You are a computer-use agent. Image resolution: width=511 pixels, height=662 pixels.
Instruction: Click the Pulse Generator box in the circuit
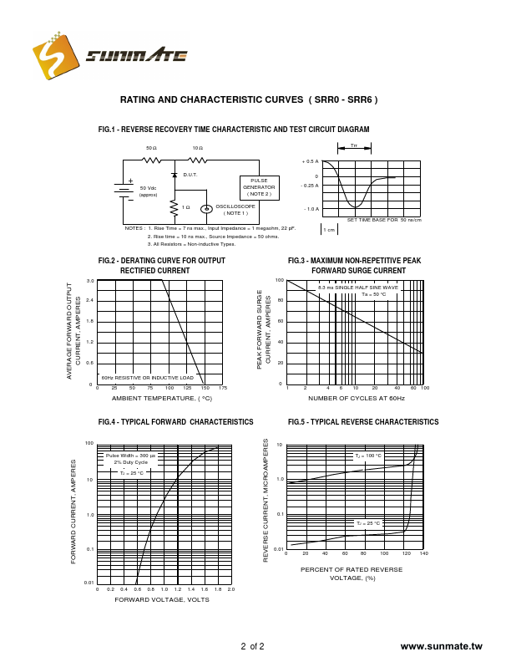click(x=258, y=188)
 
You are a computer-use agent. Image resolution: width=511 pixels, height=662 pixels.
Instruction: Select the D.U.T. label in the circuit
click(x=190, y=175)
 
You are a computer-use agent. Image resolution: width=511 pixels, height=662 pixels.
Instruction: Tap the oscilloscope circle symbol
click(x=205, y=209)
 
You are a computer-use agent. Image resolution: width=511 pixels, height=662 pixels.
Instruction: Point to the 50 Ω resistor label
click(x=151, y=148)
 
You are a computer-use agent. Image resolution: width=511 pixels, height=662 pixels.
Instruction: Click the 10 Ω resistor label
click(x=197, y=148)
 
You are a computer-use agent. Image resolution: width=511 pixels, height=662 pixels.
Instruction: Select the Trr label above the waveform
click(x=354, y=146)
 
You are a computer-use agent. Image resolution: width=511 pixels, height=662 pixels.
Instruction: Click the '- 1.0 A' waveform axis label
click(x=311, y=209)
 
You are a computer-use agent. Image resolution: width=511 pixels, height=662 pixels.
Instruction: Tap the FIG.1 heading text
click(x=234, y=130)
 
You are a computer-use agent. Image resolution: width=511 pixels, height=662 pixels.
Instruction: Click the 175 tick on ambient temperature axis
click(x=222, y=389)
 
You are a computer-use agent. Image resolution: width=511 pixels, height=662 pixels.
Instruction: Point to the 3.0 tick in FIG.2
click(x=89, y=280)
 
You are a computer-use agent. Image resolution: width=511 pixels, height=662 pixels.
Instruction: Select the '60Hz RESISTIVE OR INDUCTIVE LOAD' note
click(x=147, y=378)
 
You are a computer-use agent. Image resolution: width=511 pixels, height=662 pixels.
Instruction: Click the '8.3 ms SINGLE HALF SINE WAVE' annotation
click(x=358, y=288)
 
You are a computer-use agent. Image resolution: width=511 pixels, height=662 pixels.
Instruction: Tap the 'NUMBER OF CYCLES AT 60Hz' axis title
click(x=356, y=399)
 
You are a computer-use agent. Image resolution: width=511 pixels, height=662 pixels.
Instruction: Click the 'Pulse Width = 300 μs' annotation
click(x=130, y=456)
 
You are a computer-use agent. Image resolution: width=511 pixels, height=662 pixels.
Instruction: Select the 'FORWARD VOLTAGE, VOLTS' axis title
click(x=162, y=599)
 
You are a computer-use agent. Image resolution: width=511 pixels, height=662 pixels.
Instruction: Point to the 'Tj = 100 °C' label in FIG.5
click(x=367, y=456)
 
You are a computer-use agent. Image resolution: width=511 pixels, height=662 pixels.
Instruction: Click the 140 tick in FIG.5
click(x=424, y=553)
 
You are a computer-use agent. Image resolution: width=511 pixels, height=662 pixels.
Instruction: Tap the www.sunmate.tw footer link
click(x=441, y=646)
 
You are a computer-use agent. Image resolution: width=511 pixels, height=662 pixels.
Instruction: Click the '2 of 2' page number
click(x=252, y=646)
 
